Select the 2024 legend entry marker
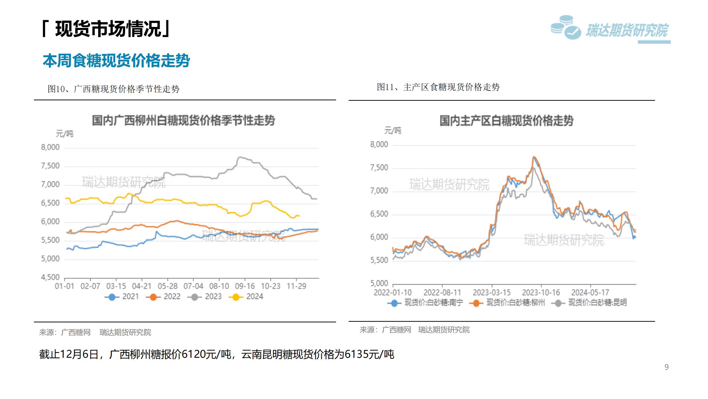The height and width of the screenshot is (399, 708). point(236,297)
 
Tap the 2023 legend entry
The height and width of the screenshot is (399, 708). point(204,297)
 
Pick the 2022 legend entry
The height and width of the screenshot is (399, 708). point(163,297)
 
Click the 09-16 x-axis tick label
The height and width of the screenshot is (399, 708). point(245,286)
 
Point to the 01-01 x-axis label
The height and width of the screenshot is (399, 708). point(64,286)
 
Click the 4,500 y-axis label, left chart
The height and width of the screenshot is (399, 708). point(50,277)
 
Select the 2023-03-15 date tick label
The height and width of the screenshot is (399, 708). point(492,293)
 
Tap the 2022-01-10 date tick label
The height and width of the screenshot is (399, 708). point(393,293)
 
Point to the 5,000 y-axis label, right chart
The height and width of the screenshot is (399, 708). point(379,283)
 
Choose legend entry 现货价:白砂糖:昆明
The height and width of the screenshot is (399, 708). point(589,303)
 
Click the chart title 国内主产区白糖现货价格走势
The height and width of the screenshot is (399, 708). point(507,120)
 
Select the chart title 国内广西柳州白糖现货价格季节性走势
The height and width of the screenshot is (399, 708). point(183,120)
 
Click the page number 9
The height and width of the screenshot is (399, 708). point(667,367)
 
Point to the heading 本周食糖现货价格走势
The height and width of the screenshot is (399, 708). point(116,61)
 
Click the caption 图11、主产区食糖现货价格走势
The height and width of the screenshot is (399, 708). point(438,87)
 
